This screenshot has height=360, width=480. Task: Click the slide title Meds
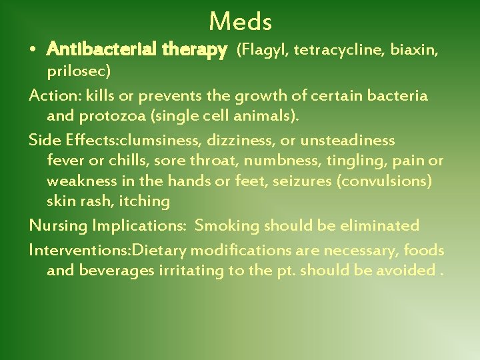(x=240, y=22)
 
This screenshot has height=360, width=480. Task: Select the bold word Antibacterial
(x=93, y=49)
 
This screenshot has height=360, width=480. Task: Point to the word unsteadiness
(x=347, y=140)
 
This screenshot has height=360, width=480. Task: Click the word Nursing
(x=57, y=225)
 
